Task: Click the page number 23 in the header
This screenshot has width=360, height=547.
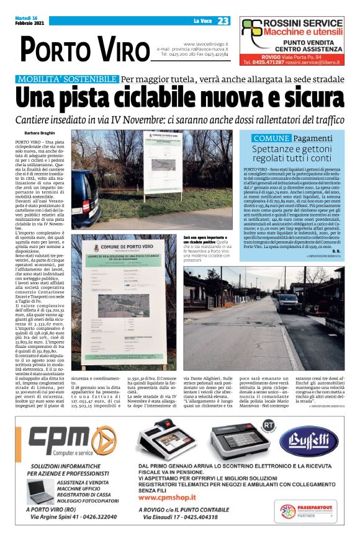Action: tap(223, 21)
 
